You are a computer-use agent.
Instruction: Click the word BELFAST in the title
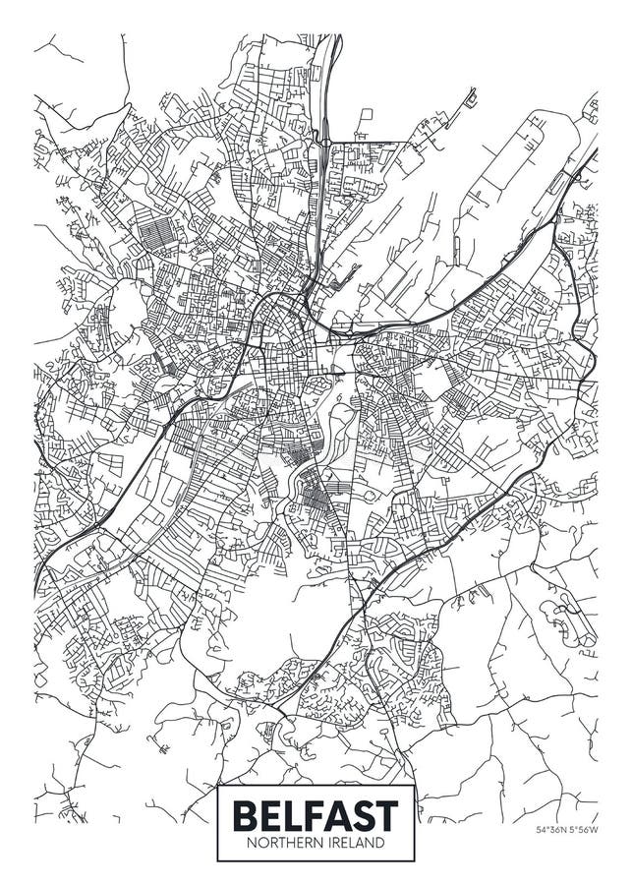[316, 815]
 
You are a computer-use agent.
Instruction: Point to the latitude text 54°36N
[552, 829]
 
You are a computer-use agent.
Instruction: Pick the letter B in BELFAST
[243, 815]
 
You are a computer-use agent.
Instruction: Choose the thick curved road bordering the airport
[491, 285]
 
